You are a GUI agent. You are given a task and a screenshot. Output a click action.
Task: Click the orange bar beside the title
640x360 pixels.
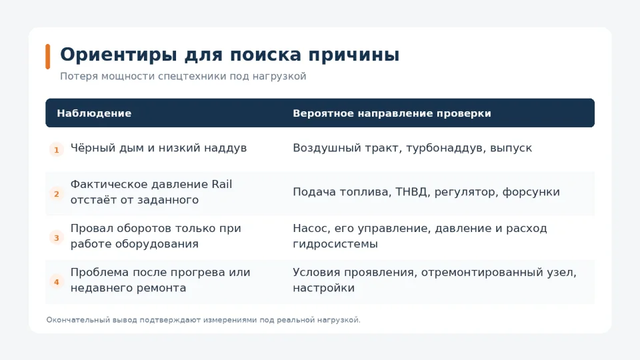click(48, 56)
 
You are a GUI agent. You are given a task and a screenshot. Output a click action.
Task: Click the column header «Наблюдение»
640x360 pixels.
click(94, 113)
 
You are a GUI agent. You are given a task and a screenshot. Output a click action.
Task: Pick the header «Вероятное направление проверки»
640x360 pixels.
click(392, 113)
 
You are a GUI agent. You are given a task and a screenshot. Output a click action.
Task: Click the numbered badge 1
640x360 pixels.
click(57, 150)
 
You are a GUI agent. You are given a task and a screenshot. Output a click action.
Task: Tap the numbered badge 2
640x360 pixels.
click(57, 194)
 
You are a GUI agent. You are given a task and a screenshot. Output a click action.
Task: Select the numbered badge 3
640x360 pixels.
click(57, 237)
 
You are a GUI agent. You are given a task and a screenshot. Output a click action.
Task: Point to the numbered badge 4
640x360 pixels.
click(57, 281)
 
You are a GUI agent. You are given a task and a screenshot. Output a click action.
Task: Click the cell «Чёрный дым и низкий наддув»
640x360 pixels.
click(159, 148)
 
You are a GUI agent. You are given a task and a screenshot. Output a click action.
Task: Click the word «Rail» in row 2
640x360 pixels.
click(221, 184)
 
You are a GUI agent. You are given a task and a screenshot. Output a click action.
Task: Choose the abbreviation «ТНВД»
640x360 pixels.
click(411, 192)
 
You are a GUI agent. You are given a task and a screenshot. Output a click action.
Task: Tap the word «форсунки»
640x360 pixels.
click(531, 192)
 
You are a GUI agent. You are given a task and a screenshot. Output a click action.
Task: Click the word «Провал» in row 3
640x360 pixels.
click(92, 228)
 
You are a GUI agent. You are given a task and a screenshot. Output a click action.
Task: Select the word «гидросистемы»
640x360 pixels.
click(335, 244)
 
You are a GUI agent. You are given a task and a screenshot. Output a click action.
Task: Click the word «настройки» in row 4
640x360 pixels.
click(324, 288)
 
